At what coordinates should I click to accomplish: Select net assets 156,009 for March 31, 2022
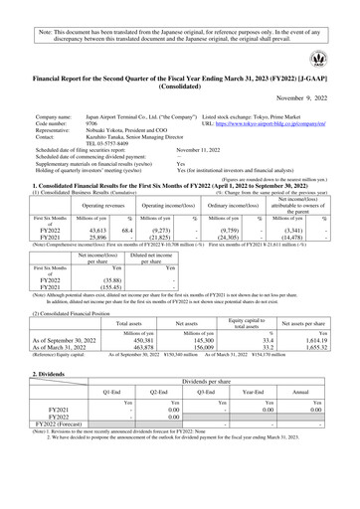(x=207, y=347)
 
